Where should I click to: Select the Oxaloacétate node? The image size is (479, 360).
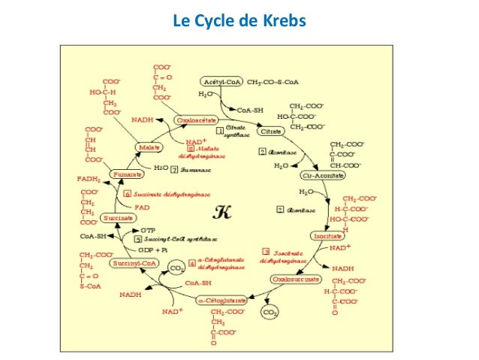[197, 119]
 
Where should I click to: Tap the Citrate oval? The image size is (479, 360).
[271, 131]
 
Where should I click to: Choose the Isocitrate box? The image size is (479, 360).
[329, 236]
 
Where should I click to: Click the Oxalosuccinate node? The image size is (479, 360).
[294, 279]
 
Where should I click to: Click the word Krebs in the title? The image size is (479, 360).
[285, 21]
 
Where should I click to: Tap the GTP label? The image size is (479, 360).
[149, 230]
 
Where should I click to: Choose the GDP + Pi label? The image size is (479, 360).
[152, 249]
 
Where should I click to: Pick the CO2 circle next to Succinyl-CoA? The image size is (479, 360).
[176, 268]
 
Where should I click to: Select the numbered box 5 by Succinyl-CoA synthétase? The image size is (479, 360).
[138, 239]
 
